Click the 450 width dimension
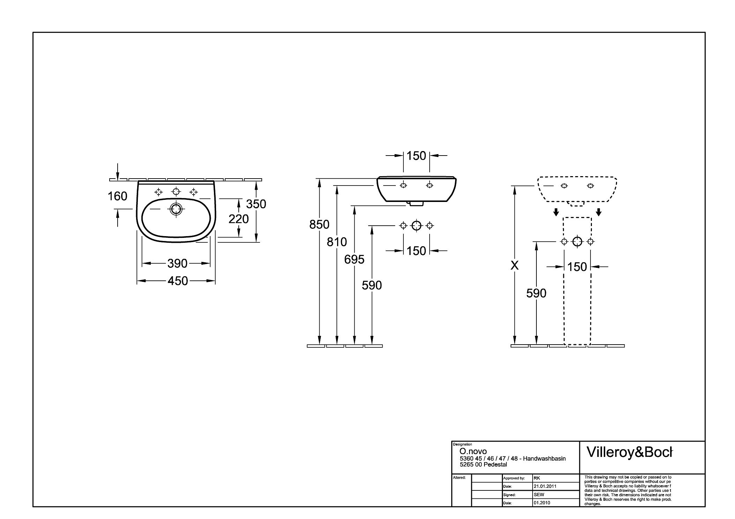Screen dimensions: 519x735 coord(178,281)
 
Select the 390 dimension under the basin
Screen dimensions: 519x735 coord(177,263)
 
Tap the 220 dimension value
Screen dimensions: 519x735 coord(239,219)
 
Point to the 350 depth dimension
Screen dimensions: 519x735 coord(256,204)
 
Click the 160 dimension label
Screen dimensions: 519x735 coord(117,196)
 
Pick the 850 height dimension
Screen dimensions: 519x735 coord(319,225)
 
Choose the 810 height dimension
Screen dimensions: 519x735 coord(337,242)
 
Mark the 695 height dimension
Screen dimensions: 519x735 coord(354,259)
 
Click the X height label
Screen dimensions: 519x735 coord(514,266)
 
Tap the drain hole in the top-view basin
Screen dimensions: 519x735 coord(176,209)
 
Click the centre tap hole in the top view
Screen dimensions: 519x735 coord(176,191)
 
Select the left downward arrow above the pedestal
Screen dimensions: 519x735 coord(556,212)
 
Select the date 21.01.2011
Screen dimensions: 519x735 coord(545,486)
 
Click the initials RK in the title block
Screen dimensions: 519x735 coord(537,478)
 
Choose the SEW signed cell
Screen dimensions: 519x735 coord(539,495)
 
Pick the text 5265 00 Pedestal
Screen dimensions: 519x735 coord(483,465)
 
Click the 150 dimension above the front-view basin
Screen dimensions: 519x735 coord(416,156)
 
